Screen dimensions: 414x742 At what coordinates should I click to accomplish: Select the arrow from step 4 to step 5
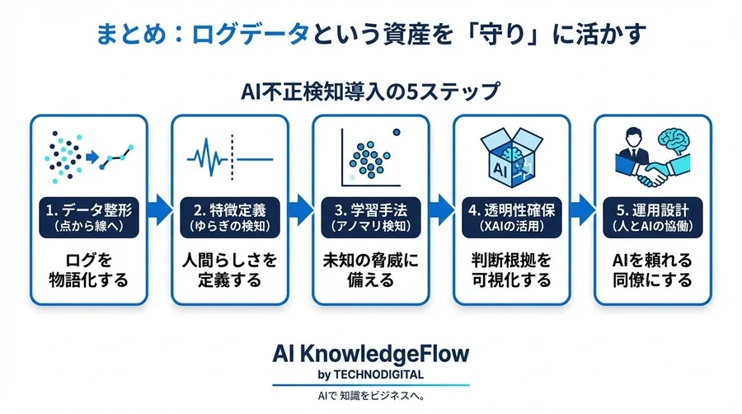click(x=582, y=211)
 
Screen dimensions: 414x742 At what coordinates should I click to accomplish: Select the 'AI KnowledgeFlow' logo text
click(x=370, y=354)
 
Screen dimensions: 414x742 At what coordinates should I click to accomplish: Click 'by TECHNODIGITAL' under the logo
click(x=370, y=375)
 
